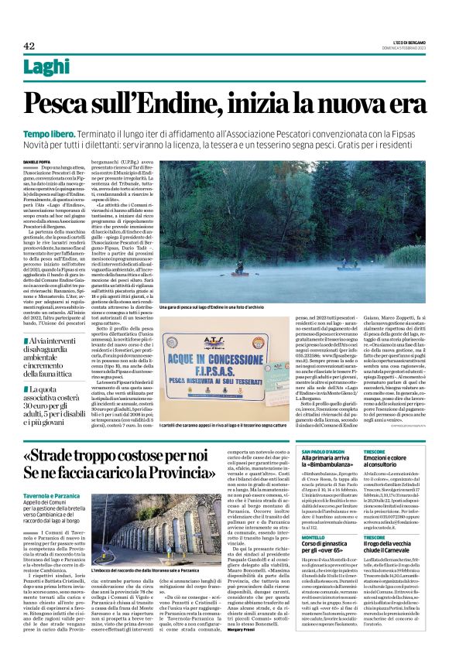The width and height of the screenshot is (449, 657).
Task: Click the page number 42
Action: (x=29, y=46)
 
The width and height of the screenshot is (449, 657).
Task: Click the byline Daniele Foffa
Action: (x=35, y=160)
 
